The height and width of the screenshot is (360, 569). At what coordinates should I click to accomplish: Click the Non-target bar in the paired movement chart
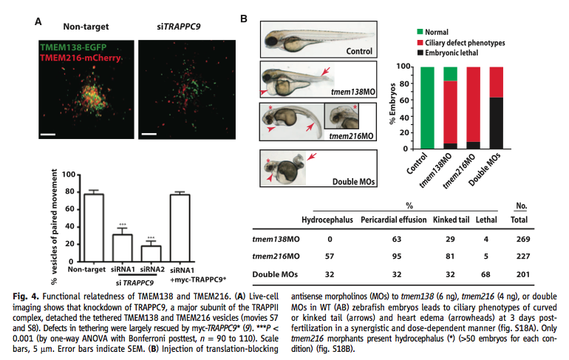(x=93, y=233)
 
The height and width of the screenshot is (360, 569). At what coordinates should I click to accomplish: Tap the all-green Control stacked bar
(x=426, y=107)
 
